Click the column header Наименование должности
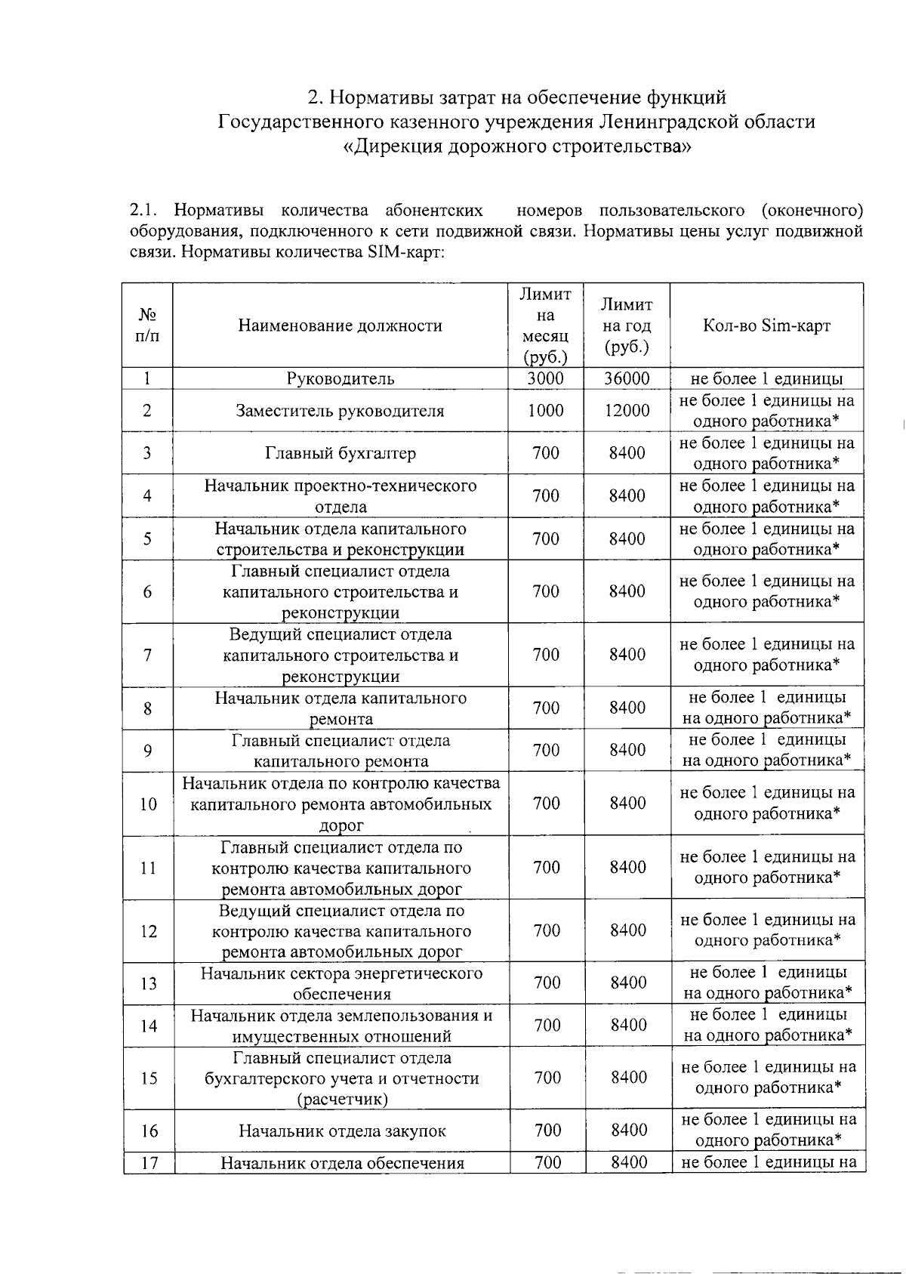340,325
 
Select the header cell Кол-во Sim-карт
766,325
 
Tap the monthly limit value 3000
545,378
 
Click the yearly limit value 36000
627,378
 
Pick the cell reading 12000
627,410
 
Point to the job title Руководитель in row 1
340,378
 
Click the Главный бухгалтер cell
340,453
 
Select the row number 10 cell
148,804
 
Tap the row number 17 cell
149,1162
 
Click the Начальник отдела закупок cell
342,1131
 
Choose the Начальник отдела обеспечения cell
342,1163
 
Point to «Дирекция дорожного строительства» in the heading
516,146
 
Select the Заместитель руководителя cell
340,411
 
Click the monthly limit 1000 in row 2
545,410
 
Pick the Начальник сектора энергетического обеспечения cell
341,983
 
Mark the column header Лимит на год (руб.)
627,325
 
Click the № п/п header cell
147,325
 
